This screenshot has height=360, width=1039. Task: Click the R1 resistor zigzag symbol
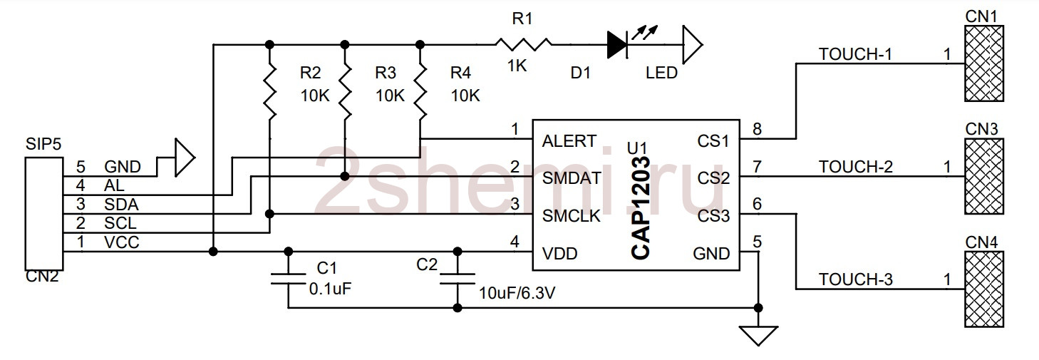[523, 44]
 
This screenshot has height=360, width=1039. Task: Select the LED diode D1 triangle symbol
[618, 44]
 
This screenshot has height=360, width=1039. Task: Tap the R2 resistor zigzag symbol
[269, 92]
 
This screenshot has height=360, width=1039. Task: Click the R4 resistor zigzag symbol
[420, 92]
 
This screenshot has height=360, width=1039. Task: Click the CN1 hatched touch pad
[984, 63]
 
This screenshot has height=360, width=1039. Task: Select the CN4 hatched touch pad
[984, 289]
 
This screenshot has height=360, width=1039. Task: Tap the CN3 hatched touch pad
[984, 176]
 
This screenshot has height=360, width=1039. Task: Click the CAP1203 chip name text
[641, 208]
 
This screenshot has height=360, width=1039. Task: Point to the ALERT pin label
[569, 141]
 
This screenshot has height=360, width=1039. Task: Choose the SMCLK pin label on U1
[572, 216]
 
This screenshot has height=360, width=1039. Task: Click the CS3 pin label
[713, 216]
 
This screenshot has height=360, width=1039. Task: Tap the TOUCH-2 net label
[855, 167]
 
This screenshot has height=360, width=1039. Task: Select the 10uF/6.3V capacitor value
[517, 293]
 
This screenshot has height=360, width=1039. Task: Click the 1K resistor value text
[517, 66]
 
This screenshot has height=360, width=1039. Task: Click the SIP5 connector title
[43, 144]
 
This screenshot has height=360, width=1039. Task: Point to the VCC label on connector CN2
[122, 242]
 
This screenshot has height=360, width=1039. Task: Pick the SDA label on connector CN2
[121, 205]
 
